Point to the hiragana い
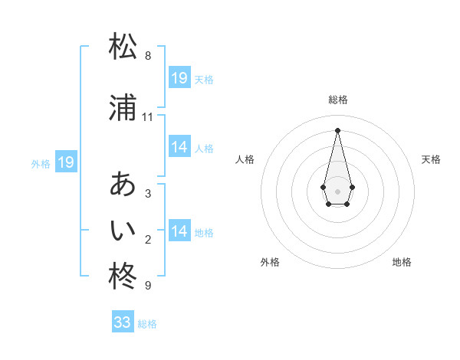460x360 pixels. pyautogui.click(x=123, y=229)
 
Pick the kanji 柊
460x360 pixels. pyautogui.click(x=123, y=276)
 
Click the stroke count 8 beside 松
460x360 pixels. pyautogui.click(x=148, y=56)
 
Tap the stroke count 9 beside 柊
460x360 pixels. pyautogui.click(x=148, y=286)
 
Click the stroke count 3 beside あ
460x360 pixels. pyautogui.click(x=148, y=194)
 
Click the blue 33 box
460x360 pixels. pyautogui.click(x=123, y=322)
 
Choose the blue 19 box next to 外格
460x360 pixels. pyautogui.click(x=65, y=162)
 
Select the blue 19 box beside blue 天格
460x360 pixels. pyautogui.click(x=179, y=78)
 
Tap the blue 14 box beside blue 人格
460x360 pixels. pyautogui.click(x=179, y=147)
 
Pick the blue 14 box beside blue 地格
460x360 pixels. pyautogui.click(x=179, y=231)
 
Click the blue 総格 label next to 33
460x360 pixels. pyautogui.click(x=148, y=324)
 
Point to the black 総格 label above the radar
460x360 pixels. pyautogui.click(x=338, y=100)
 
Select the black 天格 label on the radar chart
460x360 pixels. pyautogui.click(x=431, y=159)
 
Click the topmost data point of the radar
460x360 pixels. pyautogui.click(x=337, y=129)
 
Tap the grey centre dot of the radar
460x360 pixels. pyautogui.click(x=337, y=190)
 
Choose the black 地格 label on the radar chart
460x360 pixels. pyautogui.click(x=402, y=262)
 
